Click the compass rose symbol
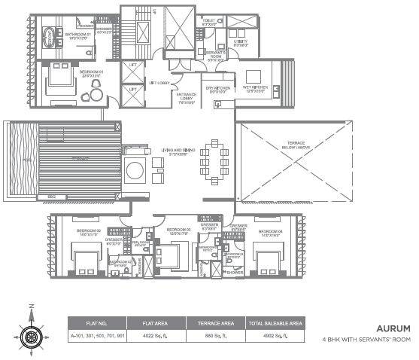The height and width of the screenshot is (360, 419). pos(32,332)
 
